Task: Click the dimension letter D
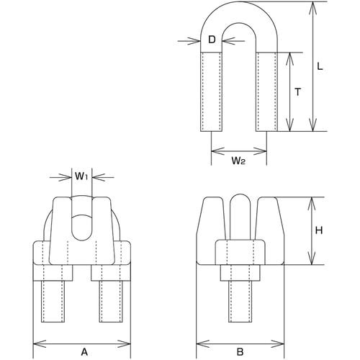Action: click(212, 40)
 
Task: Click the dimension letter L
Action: click(320, 66)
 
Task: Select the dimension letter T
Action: click(297, 92)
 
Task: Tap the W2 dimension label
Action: click(238, 161)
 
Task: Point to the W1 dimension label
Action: click(82, 176)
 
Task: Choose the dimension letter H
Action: click(319, 231)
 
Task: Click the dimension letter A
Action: click(84, 352)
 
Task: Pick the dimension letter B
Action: click(240, 352)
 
